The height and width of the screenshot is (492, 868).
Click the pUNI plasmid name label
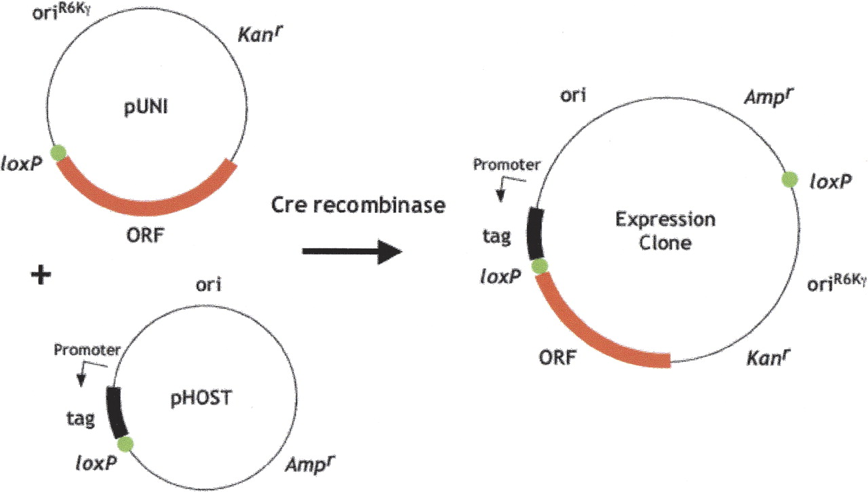[x=146, y=107]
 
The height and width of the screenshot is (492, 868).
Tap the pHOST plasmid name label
[x=201, y=398]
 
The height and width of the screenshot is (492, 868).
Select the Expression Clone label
[x=665, y=231]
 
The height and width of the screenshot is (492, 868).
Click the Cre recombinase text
[x=358, y=205]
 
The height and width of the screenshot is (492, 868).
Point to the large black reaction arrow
[x=352, y=252]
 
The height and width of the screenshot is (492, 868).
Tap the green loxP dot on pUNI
[x=58, y=152]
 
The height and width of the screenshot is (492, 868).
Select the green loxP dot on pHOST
[x=125, y=444]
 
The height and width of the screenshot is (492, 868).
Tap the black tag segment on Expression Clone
[x=535, y=234]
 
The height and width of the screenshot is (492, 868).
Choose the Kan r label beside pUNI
[x=260, y=34]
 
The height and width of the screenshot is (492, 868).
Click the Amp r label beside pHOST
[x=310, y=464]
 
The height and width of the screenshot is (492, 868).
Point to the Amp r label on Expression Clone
[x=769, y=97]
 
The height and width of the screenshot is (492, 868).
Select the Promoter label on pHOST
[x=87, y=350]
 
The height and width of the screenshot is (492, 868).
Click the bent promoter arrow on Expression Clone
[x=508, y=186]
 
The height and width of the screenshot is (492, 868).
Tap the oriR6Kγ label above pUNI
[x=62, y=12]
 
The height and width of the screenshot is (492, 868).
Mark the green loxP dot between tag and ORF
[x=540, y=266]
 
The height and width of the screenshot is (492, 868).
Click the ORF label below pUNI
[x=145, y=235]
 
